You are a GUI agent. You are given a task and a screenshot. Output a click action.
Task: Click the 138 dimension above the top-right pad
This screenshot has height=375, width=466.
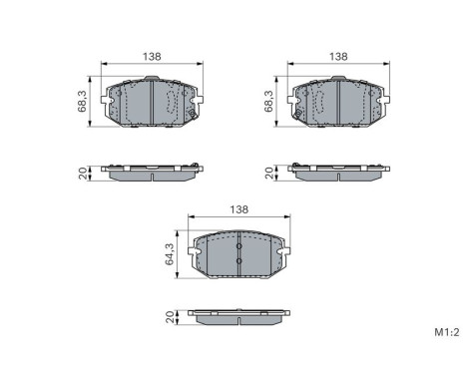click(x=338, y=57)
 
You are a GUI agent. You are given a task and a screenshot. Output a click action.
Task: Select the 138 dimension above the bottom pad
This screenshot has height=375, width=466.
click(x=238, y=210)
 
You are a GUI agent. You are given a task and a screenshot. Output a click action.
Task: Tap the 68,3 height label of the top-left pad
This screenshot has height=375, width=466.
click(x=84, y=101)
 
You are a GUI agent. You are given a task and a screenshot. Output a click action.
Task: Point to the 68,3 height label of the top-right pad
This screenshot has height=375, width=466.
click(x=268, y=101)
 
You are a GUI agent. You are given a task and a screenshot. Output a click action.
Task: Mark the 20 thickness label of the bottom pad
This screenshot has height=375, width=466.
click(x=170, y=318)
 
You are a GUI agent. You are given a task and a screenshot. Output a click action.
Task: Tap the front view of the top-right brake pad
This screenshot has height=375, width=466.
click(x=338, y=101)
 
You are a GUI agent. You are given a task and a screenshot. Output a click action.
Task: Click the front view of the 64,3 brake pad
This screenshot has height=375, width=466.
click(x=238, y=255)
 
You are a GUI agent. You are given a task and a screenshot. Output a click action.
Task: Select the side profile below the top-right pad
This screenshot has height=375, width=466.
click(x=338, y=173)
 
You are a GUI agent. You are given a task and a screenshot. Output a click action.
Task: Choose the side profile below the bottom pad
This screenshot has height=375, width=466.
click(x=238, y=318)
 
